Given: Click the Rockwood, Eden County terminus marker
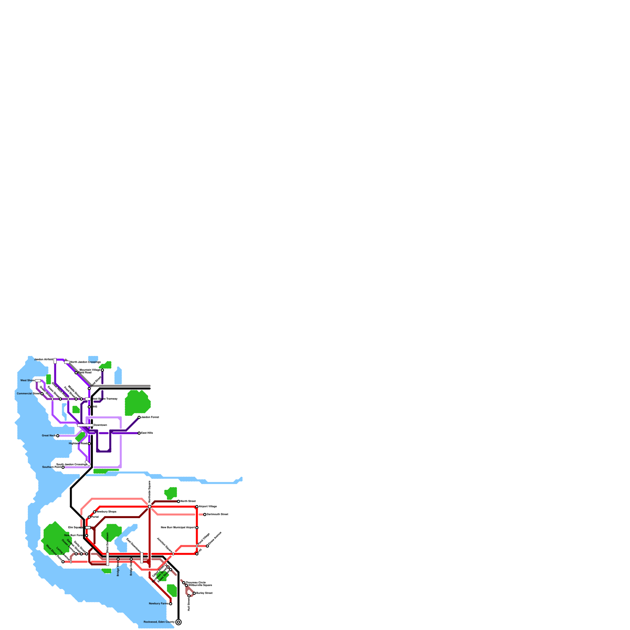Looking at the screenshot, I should (x=178, y=622).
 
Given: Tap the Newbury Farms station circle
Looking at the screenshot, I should (x=170, y=604).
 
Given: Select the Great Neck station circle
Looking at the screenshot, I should (x=57, y=436).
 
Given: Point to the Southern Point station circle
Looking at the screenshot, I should (x=63, y=467).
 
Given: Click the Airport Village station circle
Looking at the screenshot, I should (x=197, y=507).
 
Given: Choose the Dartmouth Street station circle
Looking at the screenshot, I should (x=205, y=515).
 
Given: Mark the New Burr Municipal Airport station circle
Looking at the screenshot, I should (x=197, y=528).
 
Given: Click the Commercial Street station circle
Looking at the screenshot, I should (x=42, y=394).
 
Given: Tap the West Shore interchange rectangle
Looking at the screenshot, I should (x=38, y=381).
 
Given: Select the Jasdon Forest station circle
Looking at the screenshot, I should (x=139, y=417).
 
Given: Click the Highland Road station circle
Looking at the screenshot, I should (x=89, y=444).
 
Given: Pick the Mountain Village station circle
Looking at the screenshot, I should (x=102, y=370).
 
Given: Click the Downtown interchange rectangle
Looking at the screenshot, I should (x=85, y=425).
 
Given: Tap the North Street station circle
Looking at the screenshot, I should (x=178, y=501).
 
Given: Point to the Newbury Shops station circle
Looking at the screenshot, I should (x=94, y=512).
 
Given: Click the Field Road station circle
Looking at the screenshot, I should (x=76, y=373).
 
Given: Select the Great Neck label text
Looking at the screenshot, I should (x=48, y=436).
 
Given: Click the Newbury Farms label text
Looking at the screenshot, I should (x=158, y=604).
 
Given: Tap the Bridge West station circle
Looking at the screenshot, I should (x=118, y=559).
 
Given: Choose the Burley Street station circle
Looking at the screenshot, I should (x=194, y=593).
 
